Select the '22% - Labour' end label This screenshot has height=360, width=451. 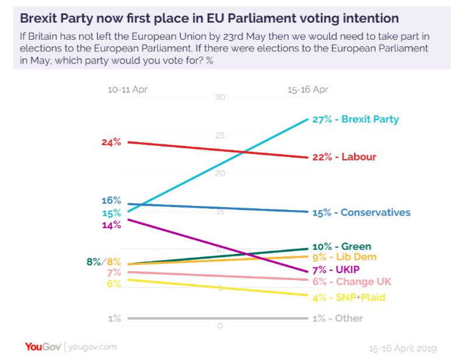pyautogui.click(x=343, y=157)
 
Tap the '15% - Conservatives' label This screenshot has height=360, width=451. pyautogui.click(x=361, y=212)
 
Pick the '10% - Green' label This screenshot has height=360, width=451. pyautogui.click(x=342, y=246)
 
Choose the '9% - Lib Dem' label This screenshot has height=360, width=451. pyautogui.click(x=345, y=257)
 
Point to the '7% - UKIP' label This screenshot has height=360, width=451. pyautogui.click(x=336, y=270)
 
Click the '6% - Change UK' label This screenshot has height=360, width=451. pyautogui.click(x=352, y=281)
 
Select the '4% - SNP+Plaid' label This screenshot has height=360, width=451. pyautogui.click(x=349, y=298)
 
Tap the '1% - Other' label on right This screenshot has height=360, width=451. pyautogui.click(x=338, y=318)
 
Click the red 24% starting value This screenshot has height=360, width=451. pyautogui.click(x=111, y=142)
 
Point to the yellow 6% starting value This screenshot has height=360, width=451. pyautogui.click(x=114, y=284)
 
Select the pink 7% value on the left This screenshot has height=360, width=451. pyautogui.click(x=114, y=272)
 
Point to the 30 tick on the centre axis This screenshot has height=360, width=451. pyautogui.click(x=220, y=97)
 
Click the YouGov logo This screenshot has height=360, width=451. pyautogui.click(x=43, y=347)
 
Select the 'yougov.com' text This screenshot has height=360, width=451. pyautogui.click(x=92, y=347)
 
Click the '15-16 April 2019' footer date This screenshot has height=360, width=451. pyautogui.click(x=403, y=348)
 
